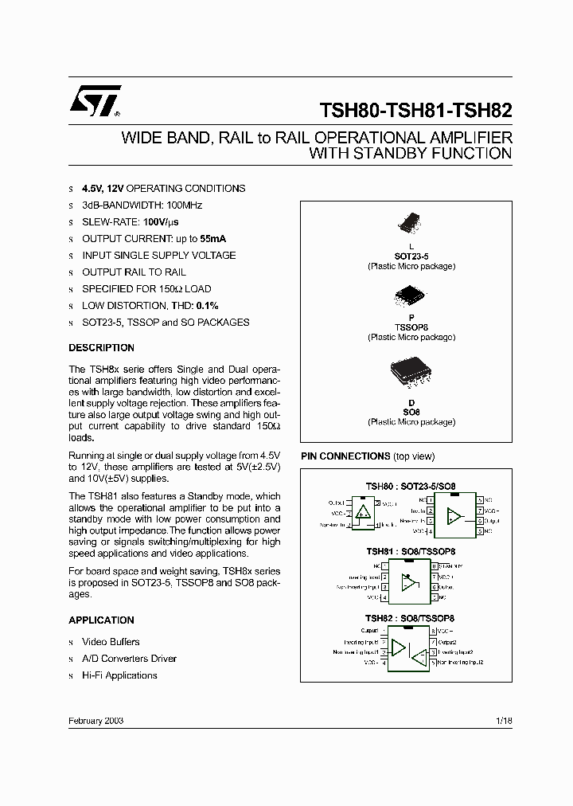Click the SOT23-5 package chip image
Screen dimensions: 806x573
(411, 223)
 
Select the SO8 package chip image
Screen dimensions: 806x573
(411, 374)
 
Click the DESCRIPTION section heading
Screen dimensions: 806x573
(101, 348)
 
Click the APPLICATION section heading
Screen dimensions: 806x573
(101, 620)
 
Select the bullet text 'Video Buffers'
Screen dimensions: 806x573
(111, 642)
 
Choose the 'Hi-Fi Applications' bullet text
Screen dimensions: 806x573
(119, 675)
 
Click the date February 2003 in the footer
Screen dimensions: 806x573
(96, 720)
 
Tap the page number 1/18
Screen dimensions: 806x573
(504, 720)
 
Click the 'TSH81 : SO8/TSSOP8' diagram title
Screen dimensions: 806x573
(410, 551)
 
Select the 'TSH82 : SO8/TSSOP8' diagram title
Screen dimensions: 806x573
(410, 618)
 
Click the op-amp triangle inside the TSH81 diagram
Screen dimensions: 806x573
(410, 581)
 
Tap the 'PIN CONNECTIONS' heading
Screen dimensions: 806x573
(345, 456)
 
